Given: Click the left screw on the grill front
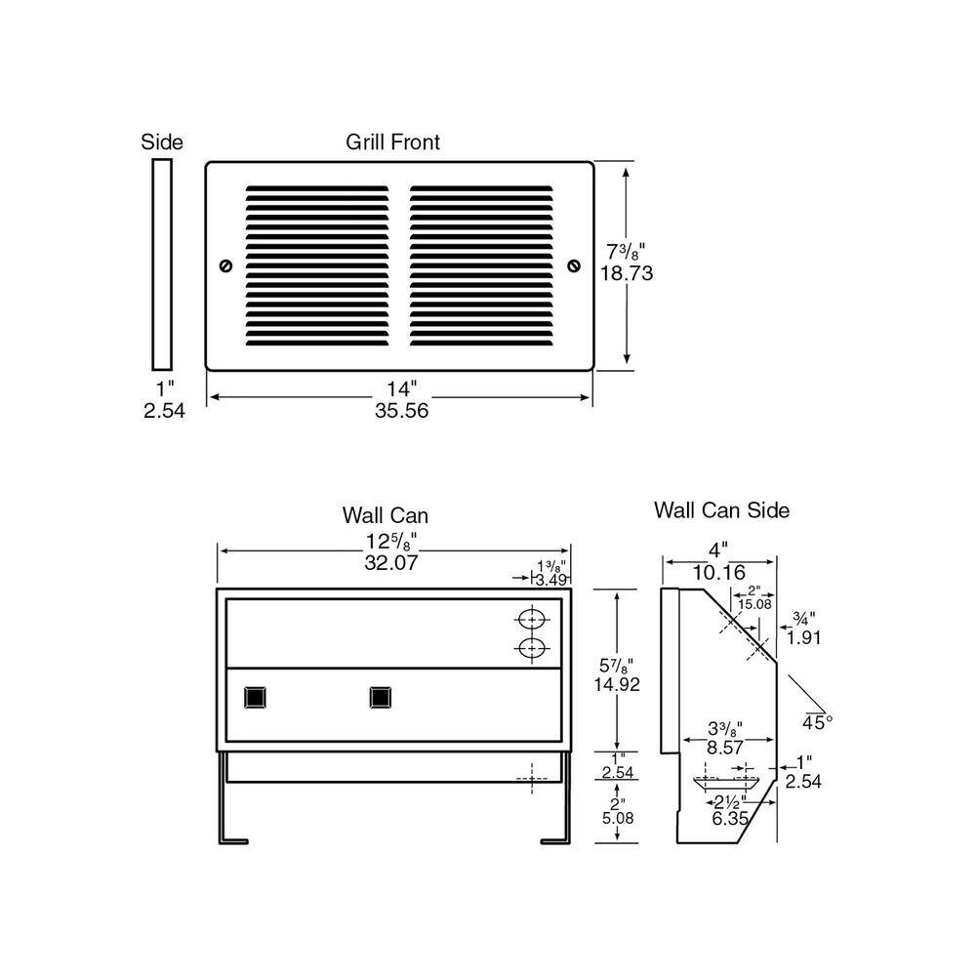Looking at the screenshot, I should [x=226, y=265].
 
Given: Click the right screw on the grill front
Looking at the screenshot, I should [x=573, y=265].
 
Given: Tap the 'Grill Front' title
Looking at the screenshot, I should [x=392, y=142].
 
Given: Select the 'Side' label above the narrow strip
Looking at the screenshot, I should [x=162, y=142].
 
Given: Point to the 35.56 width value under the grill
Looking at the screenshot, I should [x=401, y=411].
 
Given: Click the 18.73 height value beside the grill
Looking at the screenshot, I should [x=626, y=274].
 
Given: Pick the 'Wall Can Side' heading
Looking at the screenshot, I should [x=721, y=509].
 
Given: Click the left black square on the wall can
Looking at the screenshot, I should [x=256, y=697].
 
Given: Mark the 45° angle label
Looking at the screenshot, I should [x=818, y=722].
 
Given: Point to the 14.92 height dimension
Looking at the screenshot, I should [x=617, y=684].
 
